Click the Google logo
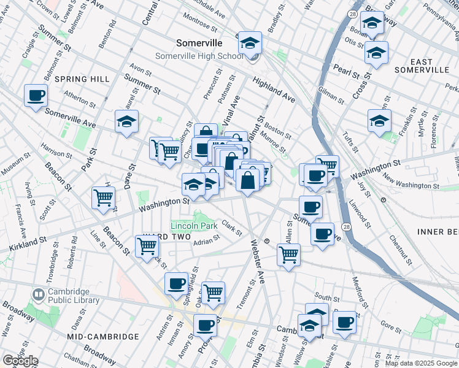(20, 361)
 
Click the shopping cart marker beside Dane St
(104, 198)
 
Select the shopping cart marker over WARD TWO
(147, 246)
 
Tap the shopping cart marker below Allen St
(288, 254)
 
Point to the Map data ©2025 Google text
(421, 363)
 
